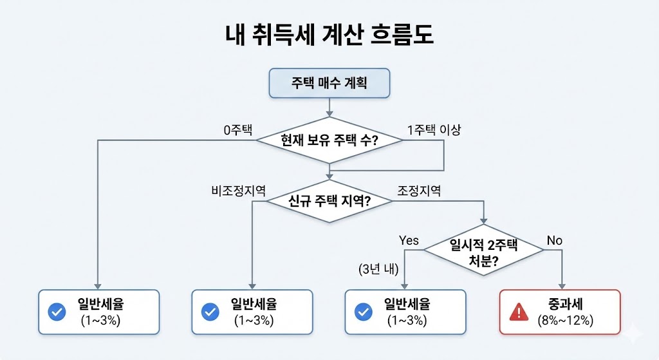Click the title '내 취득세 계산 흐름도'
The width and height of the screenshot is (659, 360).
point(329,35)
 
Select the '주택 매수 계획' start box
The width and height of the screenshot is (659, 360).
point(329,83)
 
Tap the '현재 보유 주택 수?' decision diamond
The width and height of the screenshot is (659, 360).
point(329,140)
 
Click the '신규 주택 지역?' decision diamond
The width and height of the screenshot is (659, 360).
point(329,201)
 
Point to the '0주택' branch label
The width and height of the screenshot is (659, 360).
point(237,129)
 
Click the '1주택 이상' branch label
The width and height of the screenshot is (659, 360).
point(434,129)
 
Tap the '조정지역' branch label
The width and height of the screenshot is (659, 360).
point(418,191)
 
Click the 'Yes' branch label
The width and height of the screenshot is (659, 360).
point(409,240)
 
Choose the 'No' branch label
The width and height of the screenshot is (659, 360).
point(554,240)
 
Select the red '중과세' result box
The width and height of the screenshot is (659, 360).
point(560,312)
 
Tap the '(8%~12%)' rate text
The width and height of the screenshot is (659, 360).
point(565,320)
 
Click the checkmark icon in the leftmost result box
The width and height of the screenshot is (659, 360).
point(57,312)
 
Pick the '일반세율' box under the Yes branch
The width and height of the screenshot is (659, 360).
point(405,312)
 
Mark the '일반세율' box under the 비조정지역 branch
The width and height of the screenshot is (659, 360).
point(252,312)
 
